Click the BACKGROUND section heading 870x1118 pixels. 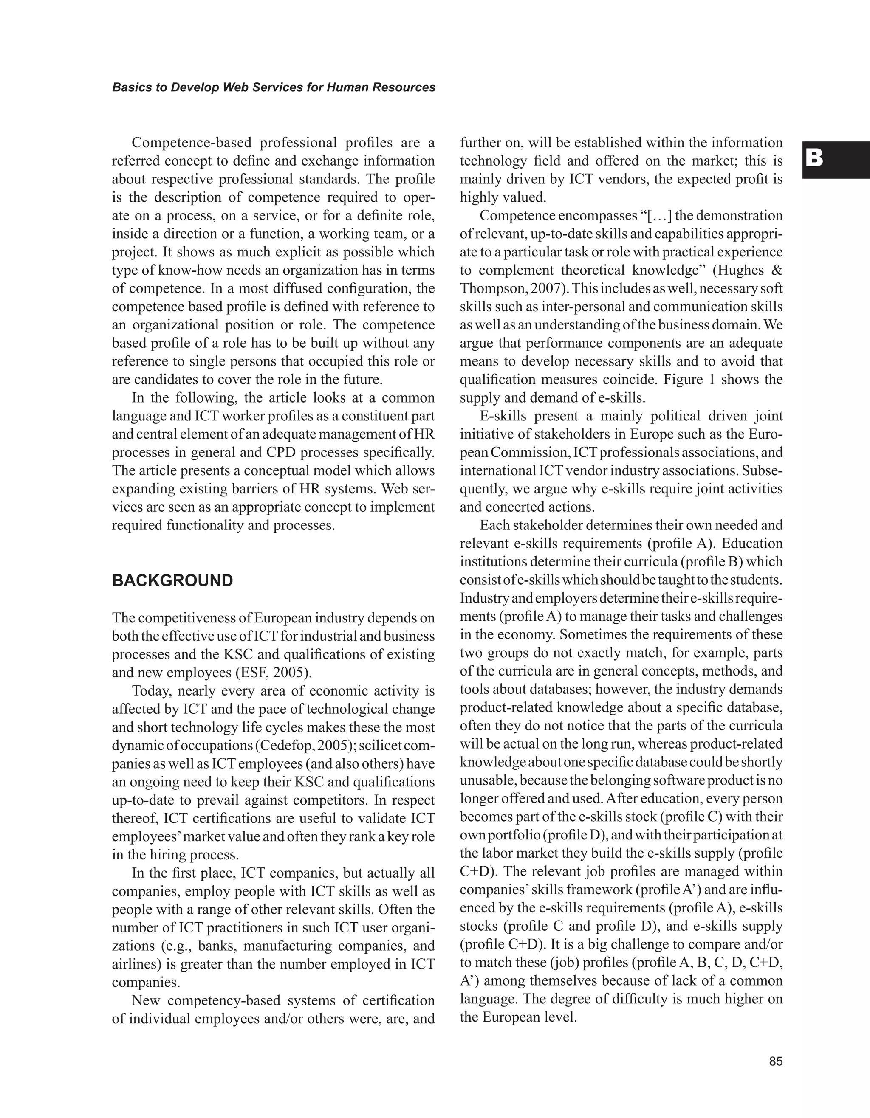pyautogui.click(x=172, y=580)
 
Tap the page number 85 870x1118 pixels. pyautogui.click(x=775, y=1061)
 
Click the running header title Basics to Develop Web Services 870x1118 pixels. pyautogui.click(x=274, y=87)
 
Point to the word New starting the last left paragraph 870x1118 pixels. pyautogui.click(x=146, y=1001)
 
